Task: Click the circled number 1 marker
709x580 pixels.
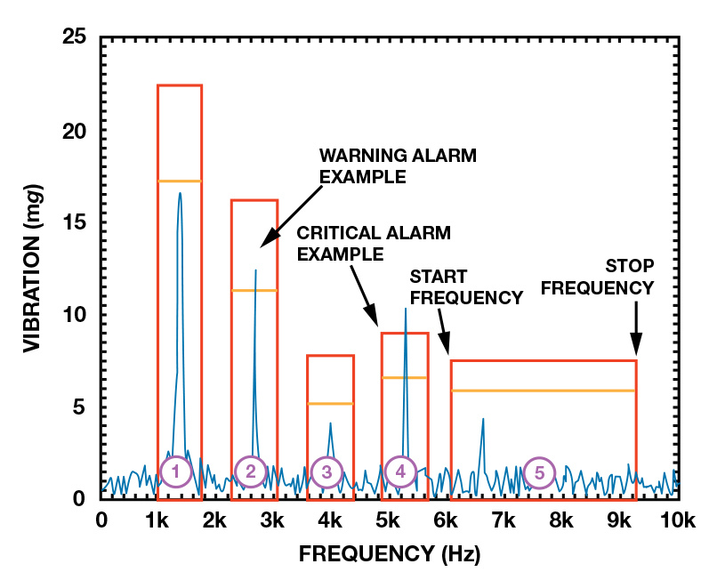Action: pos(176,472)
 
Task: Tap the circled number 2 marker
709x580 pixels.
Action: pos(251,472)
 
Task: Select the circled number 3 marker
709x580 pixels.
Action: pos(327,472)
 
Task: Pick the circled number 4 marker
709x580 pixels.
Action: pos(401,472)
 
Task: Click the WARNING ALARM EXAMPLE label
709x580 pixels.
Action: pos(398,166)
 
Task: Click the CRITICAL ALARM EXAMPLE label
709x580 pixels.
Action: pos(374,243)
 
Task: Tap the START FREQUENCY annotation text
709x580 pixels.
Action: pos(466,286)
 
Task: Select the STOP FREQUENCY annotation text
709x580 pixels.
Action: pos(598,277)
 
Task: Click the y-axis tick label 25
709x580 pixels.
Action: pos(74,38)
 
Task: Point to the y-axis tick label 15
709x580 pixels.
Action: pos(74,222)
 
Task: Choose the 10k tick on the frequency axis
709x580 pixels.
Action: pos(677,520)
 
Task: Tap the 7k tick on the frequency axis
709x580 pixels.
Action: pos(504,520)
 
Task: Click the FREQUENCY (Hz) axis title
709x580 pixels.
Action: pos(389,555)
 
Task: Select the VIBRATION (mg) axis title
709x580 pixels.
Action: pos(33,267)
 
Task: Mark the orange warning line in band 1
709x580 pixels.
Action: pos(180,181)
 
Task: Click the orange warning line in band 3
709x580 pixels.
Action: pos(331,404)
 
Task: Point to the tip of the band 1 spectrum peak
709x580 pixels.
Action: pos(180,193)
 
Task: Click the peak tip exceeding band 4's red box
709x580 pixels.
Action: pos(406,309)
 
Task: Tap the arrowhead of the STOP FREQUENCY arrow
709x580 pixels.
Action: pos(636,350)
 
